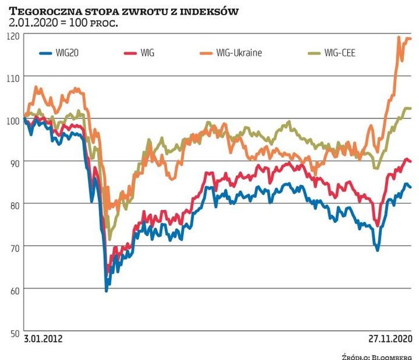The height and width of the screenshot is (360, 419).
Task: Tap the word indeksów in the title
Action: tap(209, 11)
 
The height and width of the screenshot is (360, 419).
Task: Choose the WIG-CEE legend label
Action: tap(340, 53)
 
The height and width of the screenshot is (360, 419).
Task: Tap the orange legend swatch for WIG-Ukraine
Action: tap(203, 53)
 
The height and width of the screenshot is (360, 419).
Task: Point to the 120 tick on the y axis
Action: tap(13, 35)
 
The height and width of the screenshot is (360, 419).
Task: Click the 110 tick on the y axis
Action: tap(13, 78)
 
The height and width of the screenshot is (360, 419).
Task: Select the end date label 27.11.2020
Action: tap(390, 338)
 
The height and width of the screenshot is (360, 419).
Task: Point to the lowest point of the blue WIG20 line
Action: tap(107, 291)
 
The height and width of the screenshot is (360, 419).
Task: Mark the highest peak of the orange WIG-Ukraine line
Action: tap(399, 37)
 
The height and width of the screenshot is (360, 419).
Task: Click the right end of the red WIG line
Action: tap(410, 161)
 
